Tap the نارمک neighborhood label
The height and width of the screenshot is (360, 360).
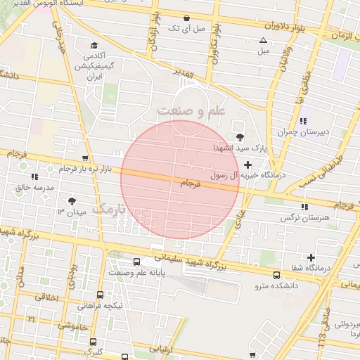112,209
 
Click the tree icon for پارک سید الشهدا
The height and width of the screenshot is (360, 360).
240,137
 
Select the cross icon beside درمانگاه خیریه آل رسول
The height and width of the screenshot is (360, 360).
247,165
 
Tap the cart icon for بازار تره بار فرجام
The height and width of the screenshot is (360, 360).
85,158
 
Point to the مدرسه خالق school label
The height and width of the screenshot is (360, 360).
34,188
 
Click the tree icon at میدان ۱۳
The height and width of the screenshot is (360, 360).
70,201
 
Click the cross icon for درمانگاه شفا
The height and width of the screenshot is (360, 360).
311,258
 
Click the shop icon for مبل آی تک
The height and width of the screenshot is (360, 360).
186,18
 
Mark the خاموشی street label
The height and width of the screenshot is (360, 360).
68,326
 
